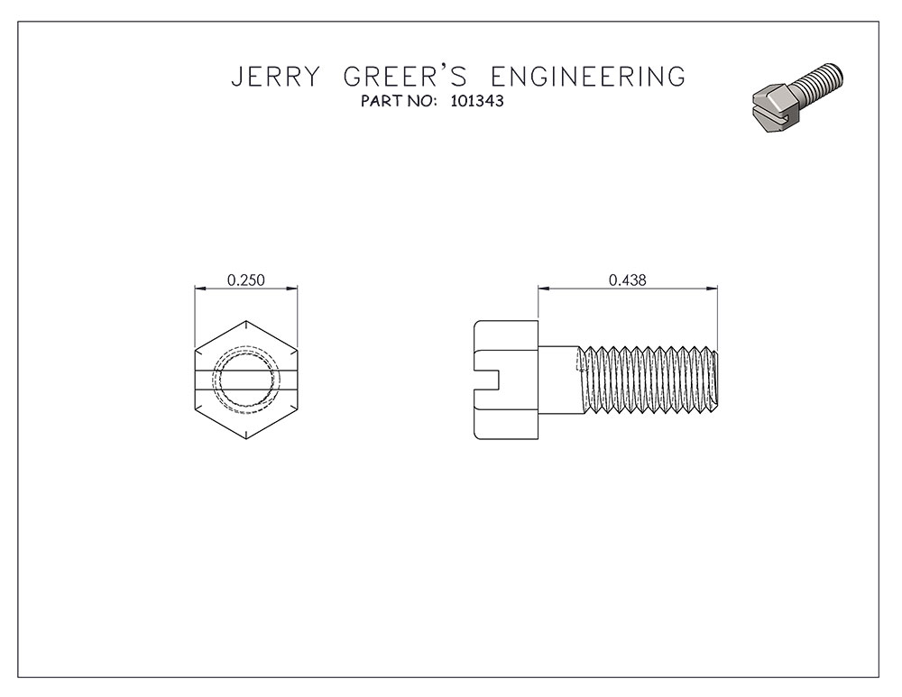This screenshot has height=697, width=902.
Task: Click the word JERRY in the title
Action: [x=275, y=77]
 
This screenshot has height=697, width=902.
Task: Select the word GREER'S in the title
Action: [x=404, y=77]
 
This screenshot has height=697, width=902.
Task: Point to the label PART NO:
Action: [x=397, y=102]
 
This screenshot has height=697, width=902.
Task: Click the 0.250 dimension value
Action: [x=246, y=280]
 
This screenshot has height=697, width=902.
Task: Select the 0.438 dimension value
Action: [x=628, y=280]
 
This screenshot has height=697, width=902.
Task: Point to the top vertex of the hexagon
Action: [x=246, y=320]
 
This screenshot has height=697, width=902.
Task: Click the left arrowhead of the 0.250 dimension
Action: [x=199, y=289]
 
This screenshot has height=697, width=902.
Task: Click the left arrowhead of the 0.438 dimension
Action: [x=542, y=289]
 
